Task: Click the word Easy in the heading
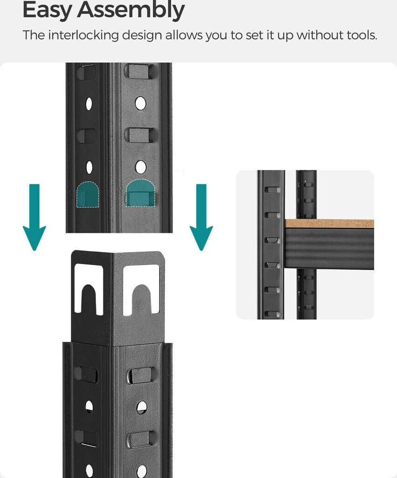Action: click(x=48, y=10)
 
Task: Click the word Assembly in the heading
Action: click(x=131, y=10)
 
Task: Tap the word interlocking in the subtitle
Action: click(x=83, y=35)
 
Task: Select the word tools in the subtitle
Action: click(x=363, y=35)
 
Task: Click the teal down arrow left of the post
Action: click(x=34, y=217)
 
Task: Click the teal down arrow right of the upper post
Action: click(x=201, y=217)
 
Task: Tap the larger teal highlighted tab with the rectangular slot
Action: click(x=141, y=192)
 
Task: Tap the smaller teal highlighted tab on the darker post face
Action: click(x=88, y=195)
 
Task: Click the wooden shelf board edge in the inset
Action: click(x=329, y=224)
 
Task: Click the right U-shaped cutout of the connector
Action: click(x=141, y=289)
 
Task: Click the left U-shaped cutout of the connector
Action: click(x=89, y=289)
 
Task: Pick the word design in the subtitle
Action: click(x=142, y=35)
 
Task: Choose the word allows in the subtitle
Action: click(x=184, y=35)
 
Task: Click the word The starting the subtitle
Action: click(x=34, y=35)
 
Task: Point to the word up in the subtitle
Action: click(x=285, y=36)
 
